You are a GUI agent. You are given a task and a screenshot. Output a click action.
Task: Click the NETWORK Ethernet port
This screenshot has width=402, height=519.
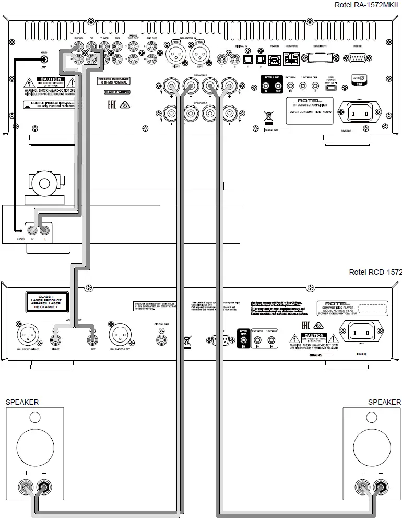[291, 58]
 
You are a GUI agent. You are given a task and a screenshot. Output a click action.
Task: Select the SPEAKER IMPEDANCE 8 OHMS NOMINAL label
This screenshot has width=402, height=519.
[114, 81]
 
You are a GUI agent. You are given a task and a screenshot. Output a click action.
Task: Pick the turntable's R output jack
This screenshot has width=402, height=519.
[32, 230]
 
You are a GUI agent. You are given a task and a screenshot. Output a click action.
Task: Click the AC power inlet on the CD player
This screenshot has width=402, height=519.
[358, 330]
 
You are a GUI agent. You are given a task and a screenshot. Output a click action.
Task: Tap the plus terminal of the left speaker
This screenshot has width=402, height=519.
[25, 488]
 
